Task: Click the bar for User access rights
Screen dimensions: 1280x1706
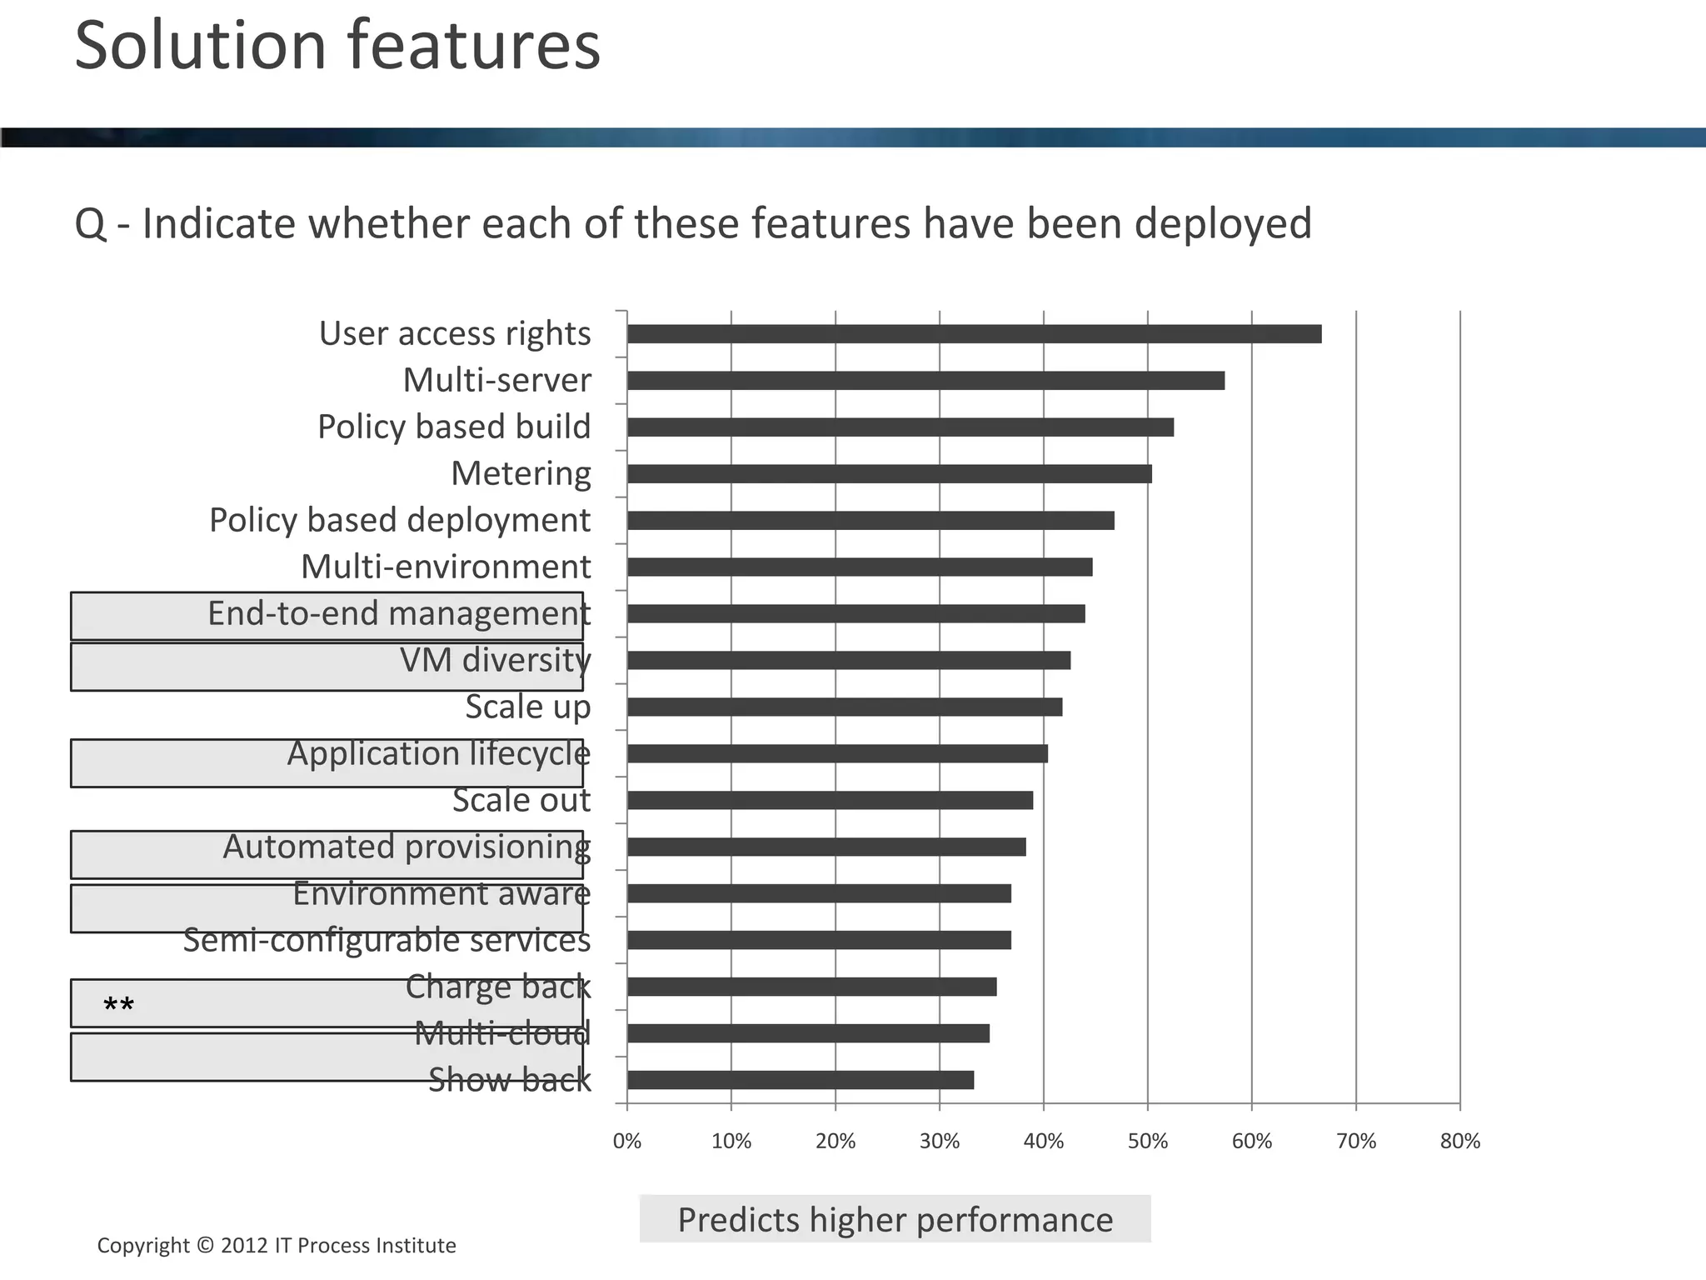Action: pos(974,334)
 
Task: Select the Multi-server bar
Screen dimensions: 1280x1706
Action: pos(925,381)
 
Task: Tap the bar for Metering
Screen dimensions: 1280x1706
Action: pos(889,474)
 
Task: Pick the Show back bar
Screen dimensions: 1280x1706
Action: pos(800,1080)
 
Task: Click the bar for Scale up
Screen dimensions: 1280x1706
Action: pos(844,707)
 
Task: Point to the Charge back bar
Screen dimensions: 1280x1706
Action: pos(811,987)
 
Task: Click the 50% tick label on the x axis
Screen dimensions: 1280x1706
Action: pos(1147,1142)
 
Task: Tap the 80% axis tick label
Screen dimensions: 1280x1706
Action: pos(1459,1142)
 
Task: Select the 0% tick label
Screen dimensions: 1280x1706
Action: pos(626,1142)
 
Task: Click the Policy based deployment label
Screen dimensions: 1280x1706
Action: pos(399,520)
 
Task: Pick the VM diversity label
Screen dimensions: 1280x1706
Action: pos(495,660)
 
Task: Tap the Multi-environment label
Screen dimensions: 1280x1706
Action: pos(446,567)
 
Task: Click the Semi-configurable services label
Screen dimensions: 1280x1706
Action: pos(387,940)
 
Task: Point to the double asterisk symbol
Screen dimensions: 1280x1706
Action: pos(118,1006)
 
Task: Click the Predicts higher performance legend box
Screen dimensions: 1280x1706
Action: pos(895,1219)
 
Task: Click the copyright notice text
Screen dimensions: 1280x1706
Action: pos(277,1245)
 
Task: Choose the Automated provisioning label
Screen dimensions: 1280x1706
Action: pos(407,847)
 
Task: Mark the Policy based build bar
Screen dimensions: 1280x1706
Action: pos(900,427)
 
